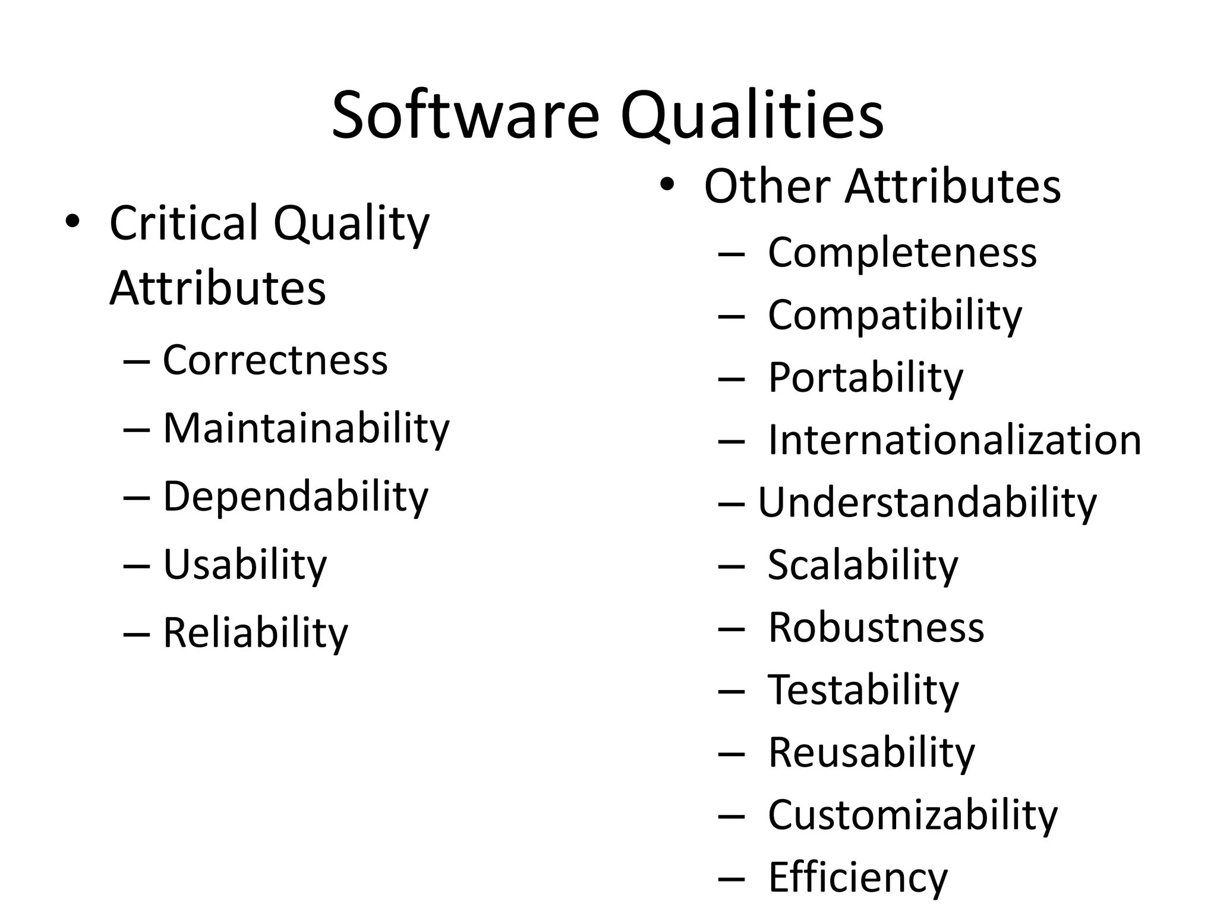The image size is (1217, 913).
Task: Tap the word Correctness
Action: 275,360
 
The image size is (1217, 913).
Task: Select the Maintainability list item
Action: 306,428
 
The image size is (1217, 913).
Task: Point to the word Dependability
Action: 295,496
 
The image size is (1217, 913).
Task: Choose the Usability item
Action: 245,564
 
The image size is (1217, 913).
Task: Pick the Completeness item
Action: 902,253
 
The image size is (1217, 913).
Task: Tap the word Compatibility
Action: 895,316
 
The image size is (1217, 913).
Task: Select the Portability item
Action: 865,378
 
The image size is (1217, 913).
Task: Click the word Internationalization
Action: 954,440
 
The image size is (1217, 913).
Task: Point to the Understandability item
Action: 927,503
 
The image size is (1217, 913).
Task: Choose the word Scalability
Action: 863,565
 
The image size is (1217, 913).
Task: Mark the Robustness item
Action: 876,628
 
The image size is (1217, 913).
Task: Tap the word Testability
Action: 863,690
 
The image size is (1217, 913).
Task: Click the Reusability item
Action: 871,753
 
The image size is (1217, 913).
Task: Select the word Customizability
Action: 913,815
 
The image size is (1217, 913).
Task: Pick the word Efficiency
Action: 858,877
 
